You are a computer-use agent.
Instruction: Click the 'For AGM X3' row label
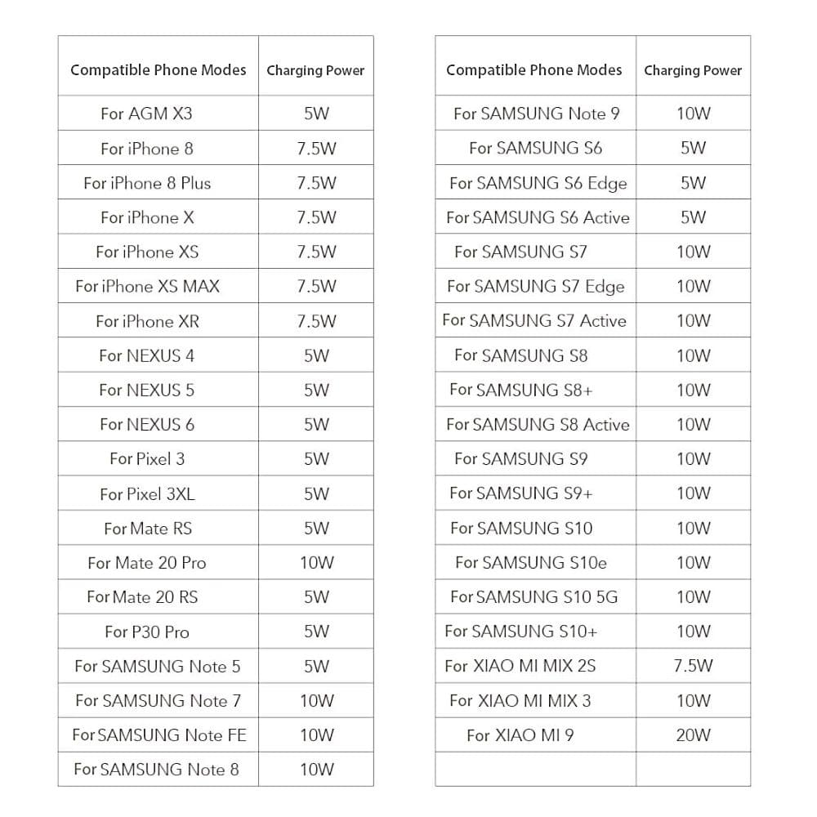point(146,114)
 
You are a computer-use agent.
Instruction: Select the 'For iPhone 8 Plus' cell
point(147,183)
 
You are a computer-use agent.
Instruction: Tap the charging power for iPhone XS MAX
point(316,286)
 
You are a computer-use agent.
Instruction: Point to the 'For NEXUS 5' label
point(147,390)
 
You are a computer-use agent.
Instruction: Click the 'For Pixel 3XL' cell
point(147,493)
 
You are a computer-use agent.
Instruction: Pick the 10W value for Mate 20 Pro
point(316,563)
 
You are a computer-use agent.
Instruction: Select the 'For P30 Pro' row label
point(147,632)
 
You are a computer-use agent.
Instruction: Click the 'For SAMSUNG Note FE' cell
point(158,735)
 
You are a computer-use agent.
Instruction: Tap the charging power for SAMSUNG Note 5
point(316,666)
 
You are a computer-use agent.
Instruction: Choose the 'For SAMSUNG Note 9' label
point(536,114)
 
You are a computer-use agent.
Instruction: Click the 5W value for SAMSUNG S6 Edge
point(693,183)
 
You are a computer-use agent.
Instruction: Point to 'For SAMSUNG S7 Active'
point(534,320)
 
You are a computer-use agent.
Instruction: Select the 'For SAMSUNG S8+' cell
point(521,390)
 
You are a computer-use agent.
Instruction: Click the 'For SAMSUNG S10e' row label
point(531,562)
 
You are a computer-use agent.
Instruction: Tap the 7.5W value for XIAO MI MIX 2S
point(693,666)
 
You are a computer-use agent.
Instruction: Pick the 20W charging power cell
point(693,735)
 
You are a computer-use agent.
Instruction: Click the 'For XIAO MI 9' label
point(520,735)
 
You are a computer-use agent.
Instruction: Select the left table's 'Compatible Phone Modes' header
point(158,69)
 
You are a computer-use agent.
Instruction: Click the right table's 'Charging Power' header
point(693,70)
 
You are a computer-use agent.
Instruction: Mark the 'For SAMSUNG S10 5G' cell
point(534,597)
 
